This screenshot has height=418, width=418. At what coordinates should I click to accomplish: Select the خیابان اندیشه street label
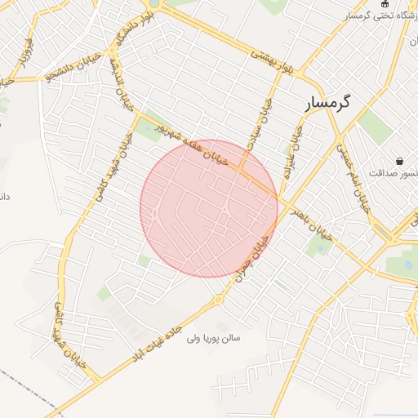(122, 89)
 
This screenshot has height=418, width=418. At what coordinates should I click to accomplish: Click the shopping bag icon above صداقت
(398, 160)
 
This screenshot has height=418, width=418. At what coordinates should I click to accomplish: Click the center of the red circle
(209, 208)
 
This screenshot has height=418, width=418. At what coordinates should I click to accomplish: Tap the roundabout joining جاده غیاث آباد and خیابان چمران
(219, 300)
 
